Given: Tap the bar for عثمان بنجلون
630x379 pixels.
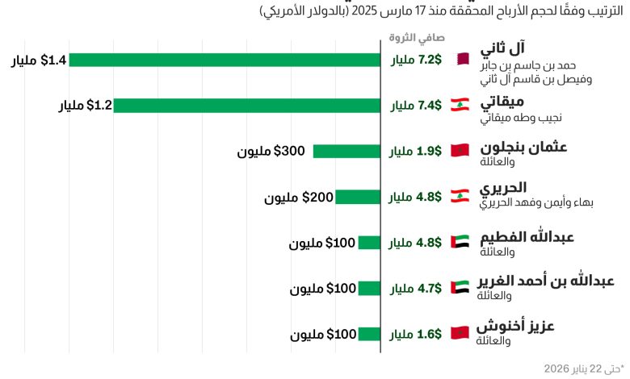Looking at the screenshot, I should pos(346,151).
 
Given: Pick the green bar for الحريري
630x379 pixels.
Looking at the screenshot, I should pos(358,197).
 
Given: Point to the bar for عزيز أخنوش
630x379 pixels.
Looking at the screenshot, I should pos(369,334).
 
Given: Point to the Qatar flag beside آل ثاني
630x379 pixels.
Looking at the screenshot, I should pos(461,60).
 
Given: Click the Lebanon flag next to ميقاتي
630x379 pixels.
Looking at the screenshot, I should pos(460,106).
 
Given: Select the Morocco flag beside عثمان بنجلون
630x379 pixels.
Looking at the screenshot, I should pos(460,151).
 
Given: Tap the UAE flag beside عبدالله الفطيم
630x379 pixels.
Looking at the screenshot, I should pos(460,242).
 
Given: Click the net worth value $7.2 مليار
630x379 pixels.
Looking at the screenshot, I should pos(416,60).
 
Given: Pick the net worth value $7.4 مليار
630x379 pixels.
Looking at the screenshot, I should pos(416,106).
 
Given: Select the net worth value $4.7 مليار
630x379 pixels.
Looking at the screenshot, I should pos(416,288).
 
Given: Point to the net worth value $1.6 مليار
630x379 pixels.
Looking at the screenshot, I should pos(416,334).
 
